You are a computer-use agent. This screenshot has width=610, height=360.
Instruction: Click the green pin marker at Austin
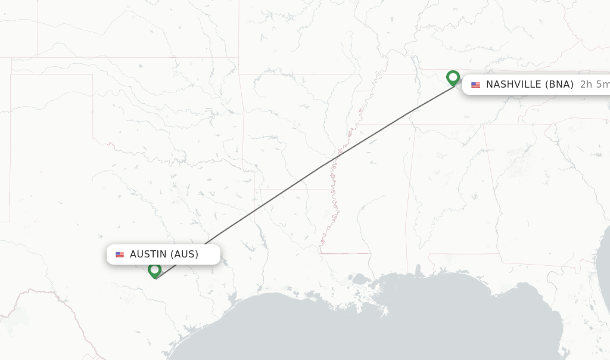(x=155, y=271)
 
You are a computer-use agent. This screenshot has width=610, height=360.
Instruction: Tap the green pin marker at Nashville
(x=453, y=78)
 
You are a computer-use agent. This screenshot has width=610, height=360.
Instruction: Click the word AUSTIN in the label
(x=148, y=255)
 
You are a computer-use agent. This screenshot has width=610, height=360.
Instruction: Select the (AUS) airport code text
(x=185, y=255)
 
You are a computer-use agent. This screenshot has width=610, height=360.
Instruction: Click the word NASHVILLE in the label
(x=513, y=85)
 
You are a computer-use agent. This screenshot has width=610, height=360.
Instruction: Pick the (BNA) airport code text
(x=560, y=85)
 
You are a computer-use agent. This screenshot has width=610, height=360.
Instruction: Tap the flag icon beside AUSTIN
(x=120, y=255)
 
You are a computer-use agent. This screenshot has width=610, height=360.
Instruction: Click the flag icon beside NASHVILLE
(x=475, y=85)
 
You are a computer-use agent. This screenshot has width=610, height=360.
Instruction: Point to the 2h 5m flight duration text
(x=595, y=85)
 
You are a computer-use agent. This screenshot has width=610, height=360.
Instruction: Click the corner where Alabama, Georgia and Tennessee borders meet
(x=484, y=125)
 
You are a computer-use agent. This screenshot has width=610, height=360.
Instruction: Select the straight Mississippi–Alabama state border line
(x=407, y=197)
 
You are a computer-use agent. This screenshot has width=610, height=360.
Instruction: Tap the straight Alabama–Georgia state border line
(x=492, y=191)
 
